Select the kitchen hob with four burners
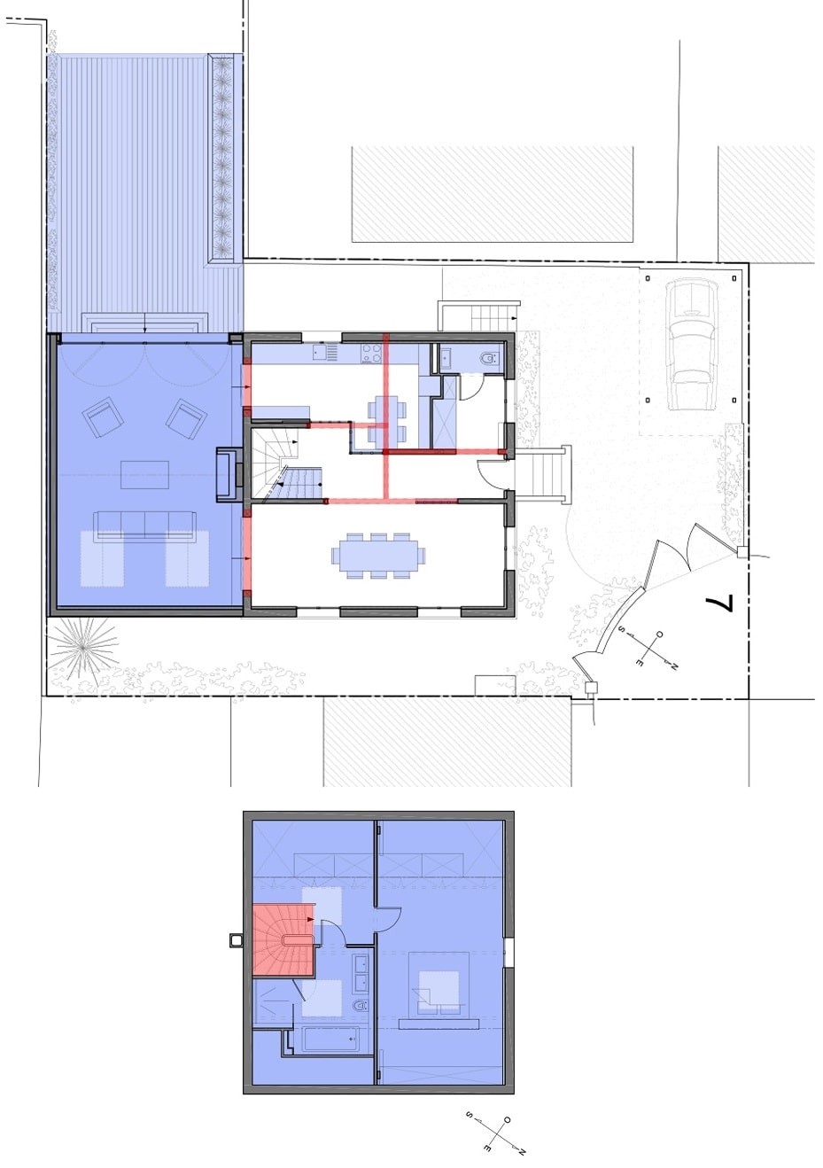370,353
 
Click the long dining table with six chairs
377,556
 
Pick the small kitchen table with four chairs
388,420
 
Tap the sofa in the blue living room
144,524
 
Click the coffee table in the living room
144,474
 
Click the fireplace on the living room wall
227,476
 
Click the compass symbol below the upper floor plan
496,1133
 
